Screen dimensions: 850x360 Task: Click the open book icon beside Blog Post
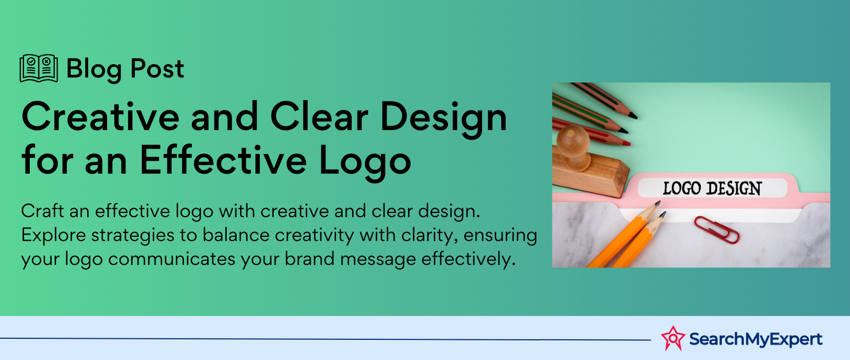(39, 68)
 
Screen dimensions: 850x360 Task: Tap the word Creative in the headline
(100, 117)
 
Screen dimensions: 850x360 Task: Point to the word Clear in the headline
(319, 117)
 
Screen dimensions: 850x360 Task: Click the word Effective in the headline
(223, 161)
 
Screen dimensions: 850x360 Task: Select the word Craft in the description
(42, 211)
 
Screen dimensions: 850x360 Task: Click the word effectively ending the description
(468, 260)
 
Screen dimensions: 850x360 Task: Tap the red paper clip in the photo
(717, 229)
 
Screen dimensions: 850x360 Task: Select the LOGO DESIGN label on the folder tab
(712, 188)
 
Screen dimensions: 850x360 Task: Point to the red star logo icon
(673, 338)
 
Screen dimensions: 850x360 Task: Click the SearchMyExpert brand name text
(755, 339)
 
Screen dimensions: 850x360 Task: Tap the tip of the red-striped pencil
(627, 143)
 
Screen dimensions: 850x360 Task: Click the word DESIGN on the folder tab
(734, 188)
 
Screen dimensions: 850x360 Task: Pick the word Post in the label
(157, 69)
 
